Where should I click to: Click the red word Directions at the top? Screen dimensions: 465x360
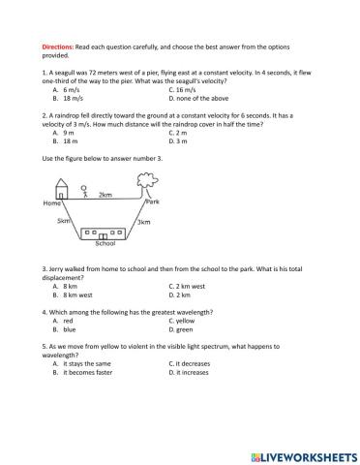pyautogui.click(x=58, y=46)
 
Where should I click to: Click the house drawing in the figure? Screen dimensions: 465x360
pyautogui.click(x=62, y=189)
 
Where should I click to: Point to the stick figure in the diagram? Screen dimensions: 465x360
pyautogui.click(x=84, y=191)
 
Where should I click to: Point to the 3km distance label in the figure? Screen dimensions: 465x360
pyautogui.click(x=143, y=222)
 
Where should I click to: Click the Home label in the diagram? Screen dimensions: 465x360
pyautogui.click(x=52, y=203)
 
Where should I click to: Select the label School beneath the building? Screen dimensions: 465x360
pyautogui.click(x=105, y=243)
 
